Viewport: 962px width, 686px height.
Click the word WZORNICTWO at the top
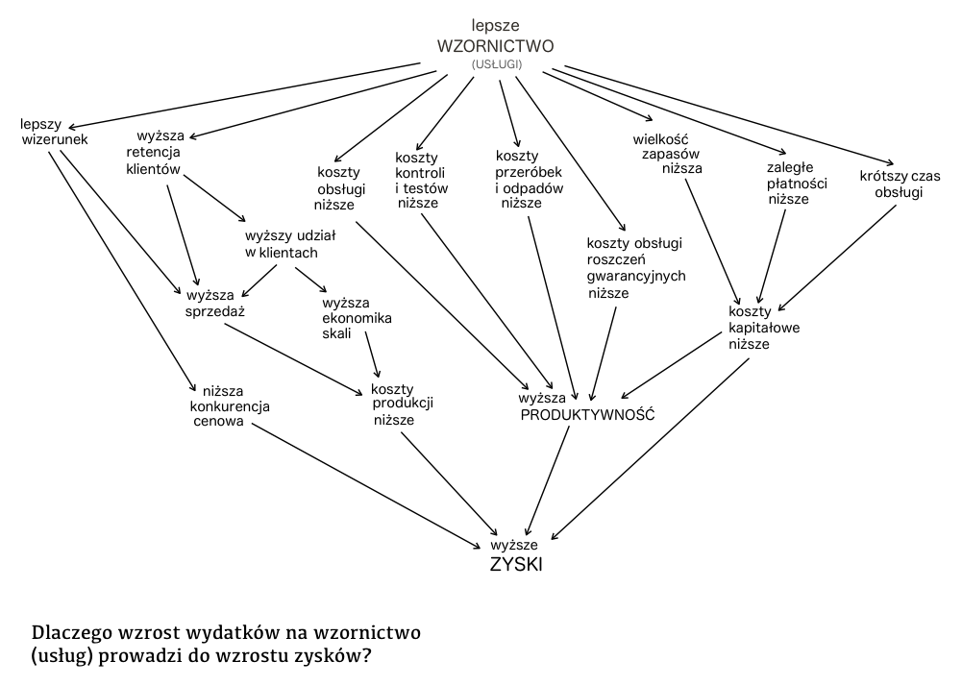[x=495, y=46]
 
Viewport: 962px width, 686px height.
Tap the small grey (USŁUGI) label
[x=496, y=64]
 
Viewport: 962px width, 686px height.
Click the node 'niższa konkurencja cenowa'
[x=230, y=405]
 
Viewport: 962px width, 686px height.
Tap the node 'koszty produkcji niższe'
[x=403, y=404]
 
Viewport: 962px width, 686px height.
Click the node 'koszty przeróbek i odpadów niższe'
[x=529, y=180]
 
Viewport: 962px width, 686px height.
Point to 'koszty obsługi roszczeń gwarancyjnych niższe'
[x=635, y=268]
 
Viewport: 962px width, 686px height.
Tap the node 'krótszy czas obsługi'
[x=900, y=184]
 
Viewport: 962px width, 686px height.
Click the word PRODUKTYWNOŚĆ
[x=587, y=414]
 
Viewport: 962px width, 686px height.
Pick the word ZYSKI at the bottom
[x=516, y=565]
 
